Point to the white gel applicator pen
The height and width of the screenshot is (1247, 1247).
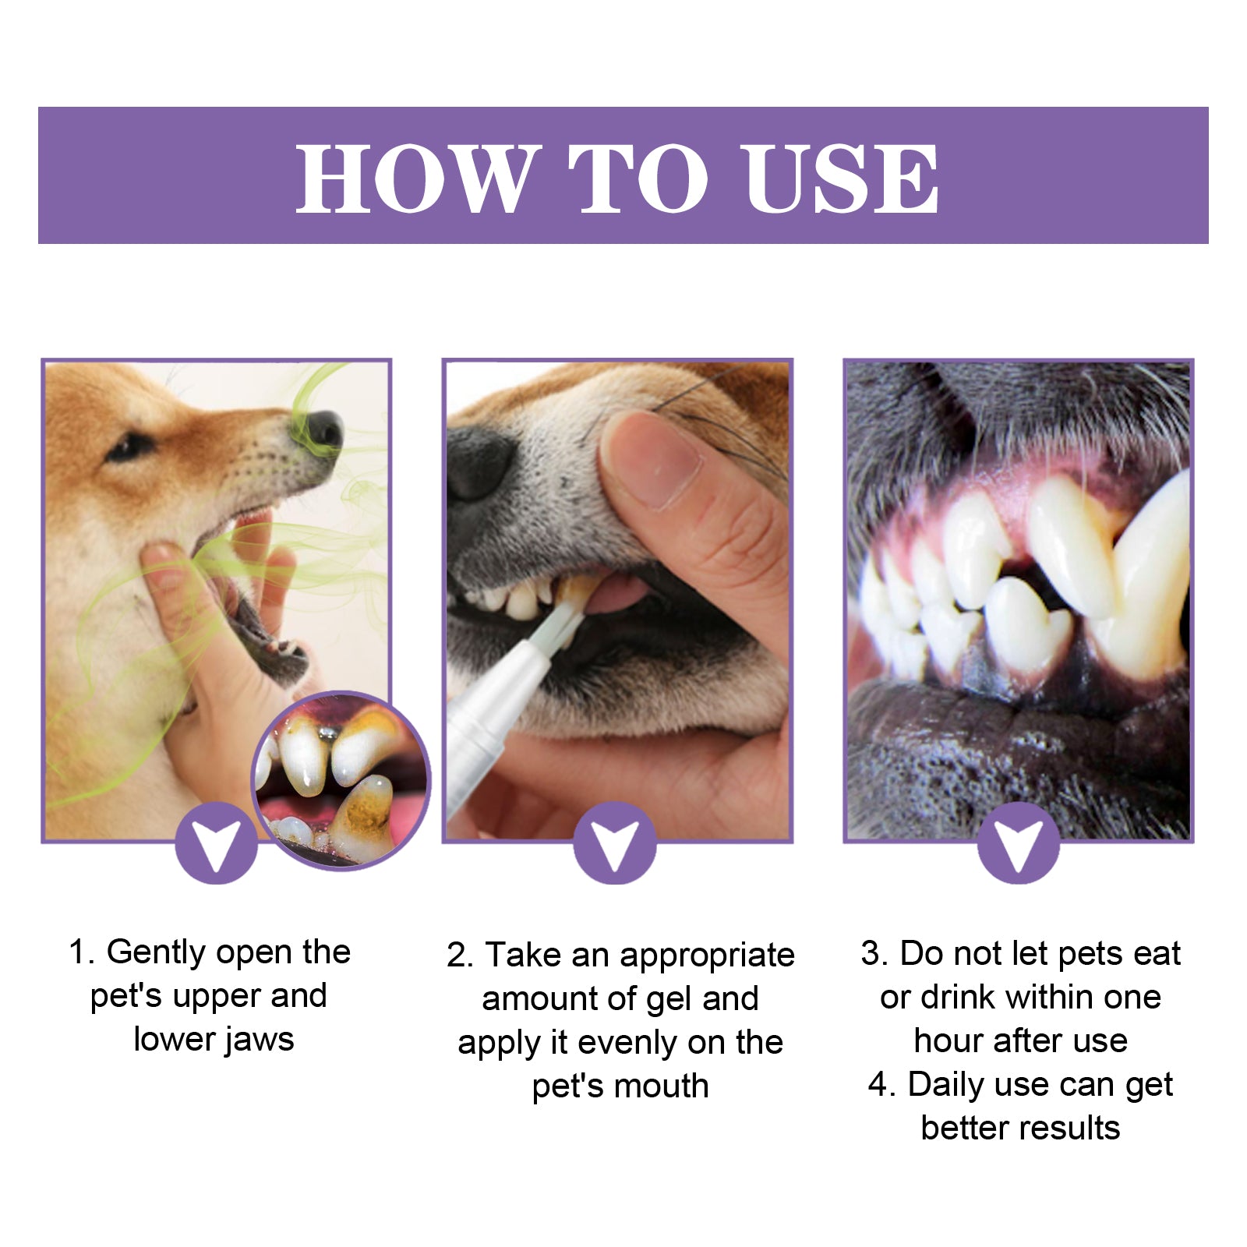[499, 701]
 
